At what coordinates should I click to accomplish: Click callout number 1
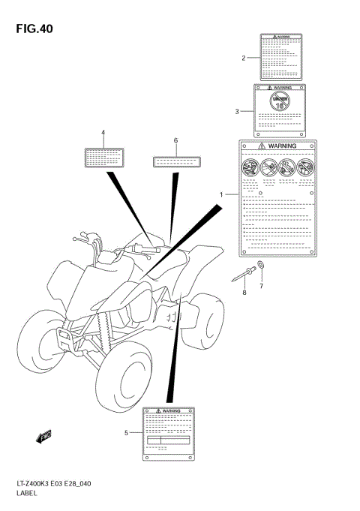point(221,195)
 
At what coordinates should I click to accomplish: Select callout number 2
point(244,58)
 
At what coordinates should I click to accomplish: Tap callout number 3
point(236,112)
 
